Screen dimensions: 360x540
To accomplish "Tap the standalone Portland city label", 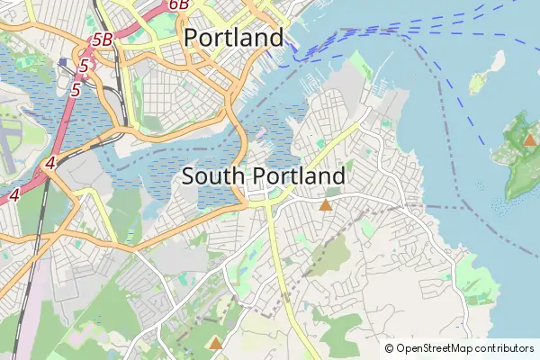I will tap(233, 38).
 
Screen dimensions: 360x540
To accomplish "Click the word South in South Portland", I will tap(212, 175).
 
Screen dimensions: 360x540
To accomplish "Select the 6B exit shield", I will tap(178, 4).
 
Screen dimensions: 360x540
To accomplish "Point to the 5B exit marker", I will tap(103, 40).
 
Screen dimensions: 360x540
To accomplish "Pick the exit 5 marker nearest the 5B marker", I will tap(84, 66).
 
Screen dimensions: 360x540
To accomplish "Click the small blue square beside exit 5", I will tap(62, 63).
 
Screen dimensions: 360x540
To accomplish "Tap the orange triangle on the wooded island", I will tap(530, 140).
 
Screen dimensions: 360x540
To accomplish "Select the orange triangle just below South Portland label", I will tap(325, 206).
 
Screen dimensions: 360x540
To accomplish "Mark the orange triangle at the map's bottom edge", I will tap(215, 343).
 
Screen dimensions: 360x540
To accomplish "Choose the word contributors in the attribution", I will tap(504, 348).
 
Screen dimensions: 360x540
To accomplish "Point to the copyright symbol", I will tap(389, 348).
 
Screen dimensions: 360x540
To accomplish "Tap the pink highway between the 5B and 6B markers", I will tap(144, 22).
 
